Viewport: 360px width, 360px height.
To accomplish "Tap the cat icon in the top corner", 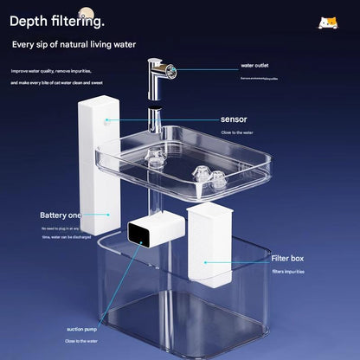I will (327, 22).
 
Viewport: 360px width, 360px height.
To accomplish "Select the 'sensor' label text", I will (233, 119).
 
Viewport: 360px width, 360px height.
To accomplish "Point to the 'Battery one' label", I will (61, 215).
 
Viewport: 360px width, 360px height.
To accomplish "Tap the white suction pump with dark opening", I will (152, 231).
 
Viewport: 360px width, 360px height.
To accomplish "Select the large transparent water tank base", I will (173, 294).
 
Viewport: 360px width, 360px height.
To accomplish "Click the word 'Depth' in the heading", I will (29, 20).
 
